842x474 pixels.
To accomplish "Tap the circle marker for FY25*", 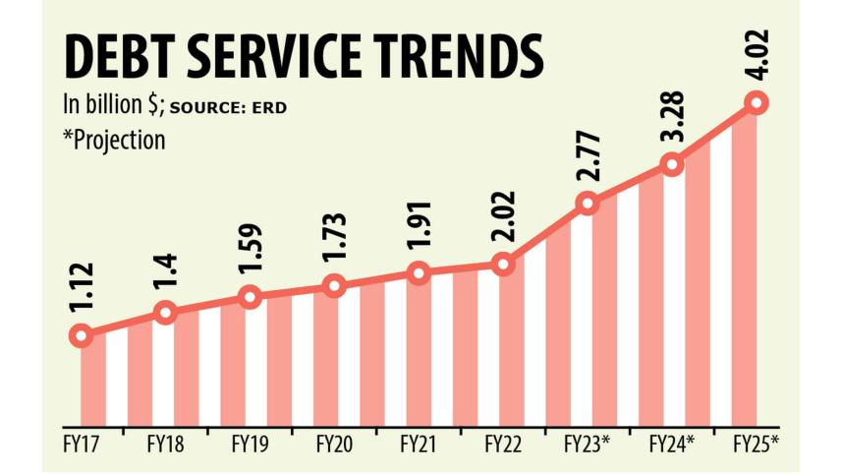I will tap(757, 102).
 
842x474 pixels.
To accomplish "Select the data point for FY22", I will tap(503, 264).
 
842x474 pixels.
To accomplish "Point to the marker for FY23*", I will tap(588, 204).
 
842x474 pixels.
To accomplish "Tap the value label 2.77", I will tap(589, 159).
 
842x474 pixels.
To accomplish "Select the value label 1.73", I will tap(335, 241).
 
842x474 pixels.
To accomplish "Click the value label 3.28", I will tap(673, 122).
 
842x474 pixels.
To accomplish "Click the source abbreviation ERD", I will tap(269, 106).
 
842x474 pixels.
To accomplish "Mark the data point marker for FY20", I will tap(335, 286).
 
